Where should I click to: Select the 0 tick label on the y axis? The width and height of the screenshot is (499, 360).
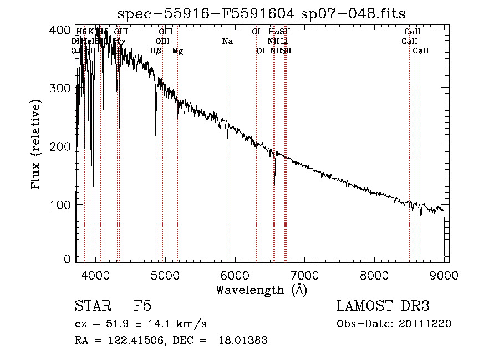click(x=68, y=259)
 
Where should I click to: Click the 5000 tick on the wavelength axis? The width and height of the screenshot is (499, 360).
click(x=165, y=275)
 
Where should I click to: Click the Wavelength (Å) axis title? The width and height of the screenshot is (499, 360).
click(x=261, y=290)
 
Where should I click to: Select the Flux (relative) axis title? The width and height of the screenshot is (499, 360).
click(x=37, y=146)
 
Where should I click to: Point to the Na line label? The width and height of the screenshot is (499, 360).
click(x=227, y=42)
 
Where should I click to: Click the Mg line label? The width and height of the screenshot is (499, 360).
click(x=177, y=51)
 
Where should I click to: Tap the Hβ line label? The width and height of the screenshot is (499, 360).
click(x=156, y=51)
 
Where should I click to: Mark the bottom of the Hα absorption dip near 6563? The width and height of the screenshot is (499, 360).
click(x=274, y=182)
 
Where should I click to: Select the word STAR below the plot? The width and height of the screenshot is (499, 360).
click(x=91, y=306)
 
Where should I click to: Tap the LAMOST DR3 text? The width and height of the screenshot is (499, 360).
click(x=383, y=306)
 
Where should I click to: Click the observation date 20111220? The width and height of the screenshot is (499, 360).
click(x=426, y=324)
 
